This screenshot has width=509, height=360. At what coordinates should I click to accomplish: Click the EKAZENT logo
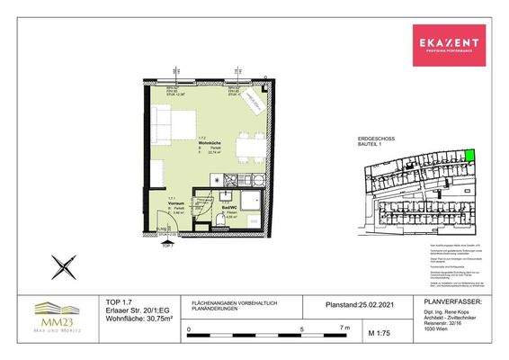tap(447, 42)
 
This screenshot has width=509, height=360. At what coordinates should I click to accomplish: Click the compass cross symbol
tap(63, 266)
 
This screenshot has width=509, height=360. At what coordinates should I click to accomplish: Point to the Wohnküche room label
tap(209, 142)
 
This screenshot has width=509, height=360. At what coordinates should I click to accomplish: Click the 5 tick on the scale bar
tap(302, 330)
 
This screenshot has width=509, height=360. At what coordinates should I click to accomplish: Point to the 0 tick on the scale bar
tap(188, 330)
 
